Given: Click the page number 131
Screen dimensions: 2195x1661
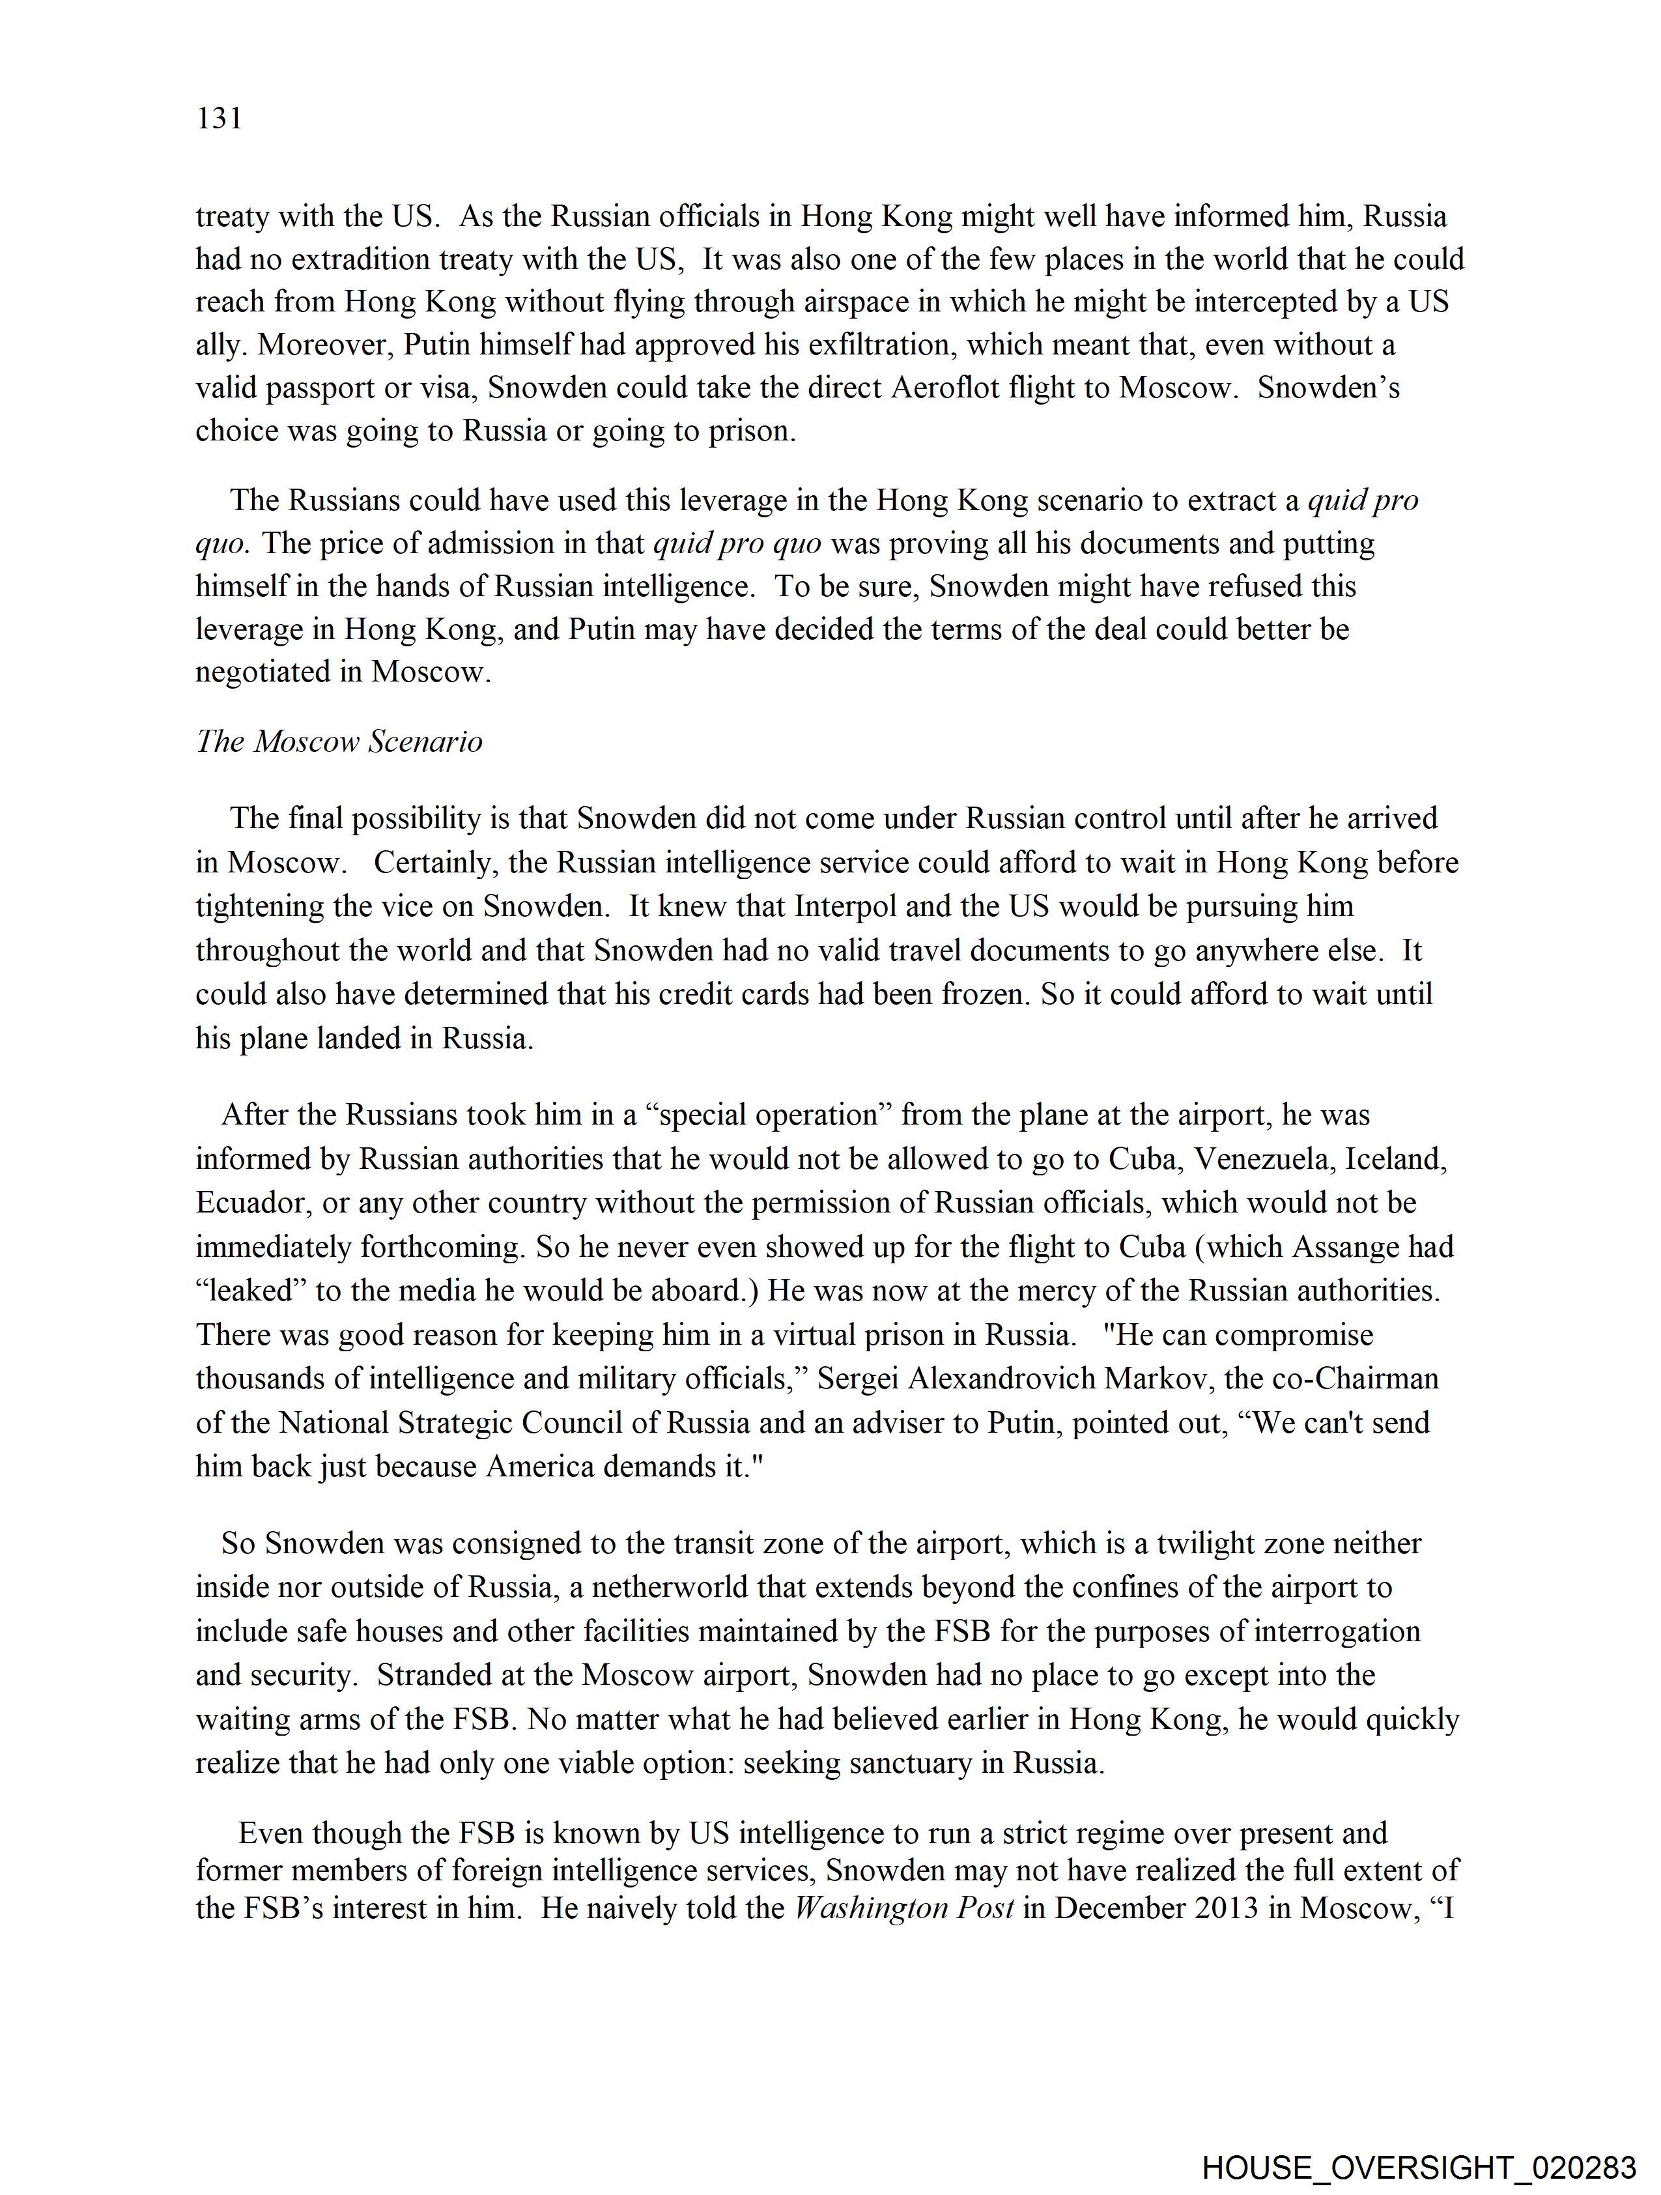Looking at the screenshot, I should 220,119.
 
